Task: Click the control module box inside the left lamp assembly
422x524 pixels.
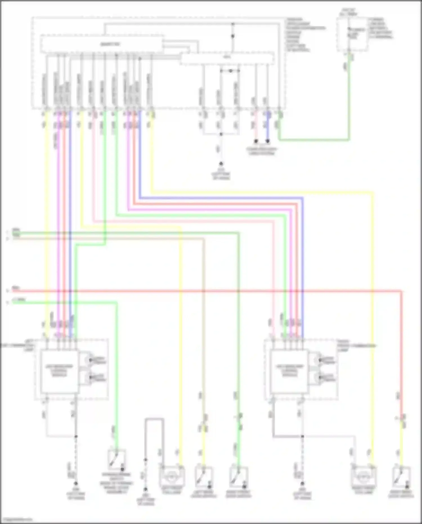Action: pyautogui.click(x=59, y=371)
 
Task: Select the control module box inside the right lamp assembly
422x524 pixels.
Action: pyautogui.click(x=289, y=371)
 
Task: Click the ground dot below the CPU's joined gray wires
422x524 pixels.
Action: pyautogui.click(x=221, y=164)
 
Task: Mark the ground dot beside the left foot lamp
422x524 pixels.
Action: pyautogui.click(x=146, y=490)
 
